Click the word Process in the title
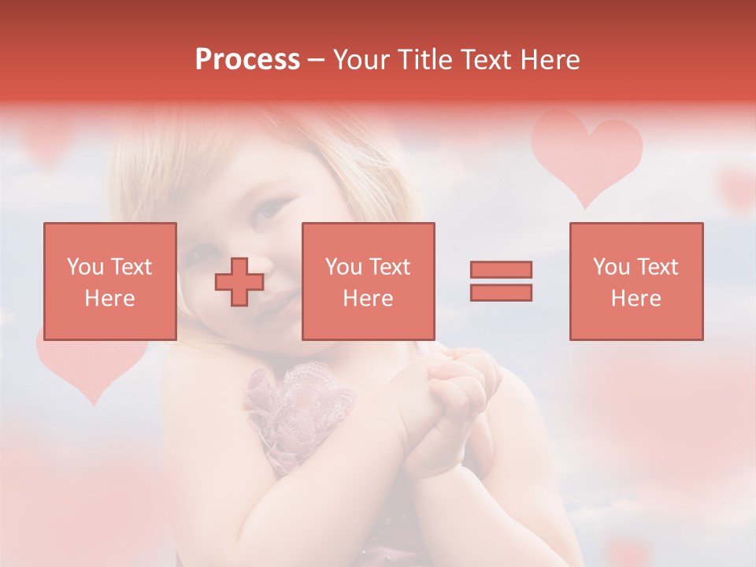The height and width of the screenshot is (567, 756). click(247, 60)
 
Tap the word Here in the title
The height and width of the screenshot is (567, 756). click(549, 60)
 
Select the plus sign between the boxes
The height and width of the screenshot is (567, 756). click(239, 282)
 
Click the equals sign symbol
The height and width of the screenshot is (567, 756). click(501, 281)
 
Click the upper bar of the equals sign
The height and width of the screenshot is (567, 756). click(501, 269)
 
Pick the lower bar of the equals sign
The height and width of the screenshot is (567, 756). click(501, 293)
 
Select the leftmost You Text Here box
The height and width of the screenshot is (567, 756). click(110, 281)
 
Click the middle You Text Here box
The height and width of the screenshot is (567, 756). click(369, 281)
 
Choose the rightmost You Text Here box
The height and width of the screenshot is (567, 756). click(636, 281)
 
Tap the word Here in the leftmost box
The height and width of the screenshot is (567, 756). click(110, 298)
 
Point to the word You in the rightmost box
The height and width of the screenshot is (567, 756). click(611, 267)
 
